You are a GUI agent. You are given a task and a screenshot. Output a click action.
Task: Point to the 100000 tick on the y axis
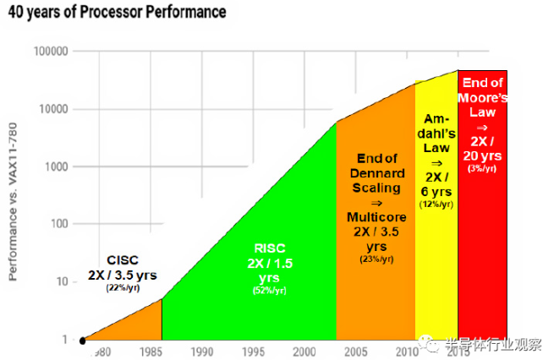pyautogui.click(x=51, y=52)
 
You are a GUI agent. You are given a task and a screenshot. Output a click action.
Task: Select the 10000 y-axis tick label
pyautogui.click(x=53, y=109)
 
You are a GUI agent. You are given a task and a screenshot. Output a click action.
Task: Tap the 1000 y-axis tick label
pyautogui.click(x=56, y=166)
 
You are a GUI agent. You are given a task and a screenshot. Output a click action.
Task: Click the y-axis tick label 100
pyautogui.click(x=59, y=224)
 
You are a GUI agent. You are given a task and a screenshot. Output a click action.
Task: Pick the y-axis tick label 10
pyautogui.click(x=62, y=281)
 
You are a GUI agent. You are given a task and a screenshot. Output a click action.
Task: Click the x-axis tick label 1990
pyautogui.click(x=201, y=351)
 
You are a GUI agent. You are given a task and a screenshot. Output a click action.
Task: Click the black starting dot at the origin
pyautogui.click(x=82, y=341)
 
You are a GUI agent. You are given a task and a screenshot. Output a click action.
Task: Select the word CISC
pyautogui.click(x=123, y=260)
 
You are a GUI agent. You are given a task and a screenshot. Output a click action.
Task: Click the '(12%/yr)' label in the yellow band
pyautogui.click(x=436, y=204)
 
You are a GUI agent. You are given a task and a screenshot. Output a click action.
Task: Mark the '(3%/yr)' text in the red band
pyautogui.click(x=482, y=169)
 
